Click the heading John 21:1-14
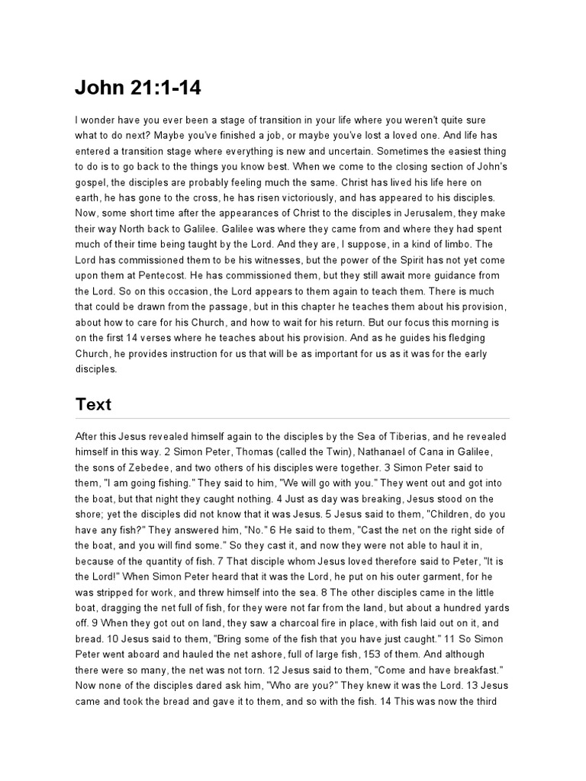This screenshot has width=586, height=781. click(x=137, y=88)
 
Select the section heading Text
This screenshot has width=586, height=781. click(x=93, y=404)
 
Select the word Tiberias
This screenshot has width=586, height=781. click(x=408, y=435)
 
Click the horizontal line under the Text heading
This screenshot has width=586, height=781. click(x=292, y=418)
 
